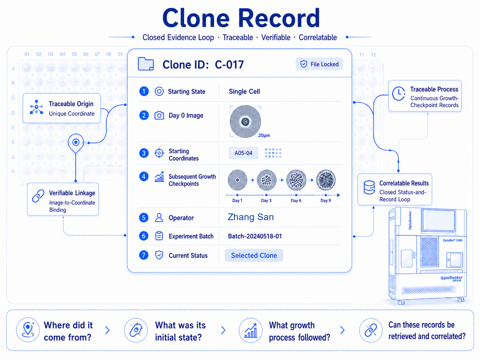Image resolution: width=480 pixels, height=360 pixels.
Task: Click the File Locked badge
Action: pyautogui.click(x=319, y=64)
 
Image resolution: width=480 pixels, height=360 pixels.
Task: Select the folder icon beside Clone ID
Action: pyautogui.click(x=146, y=64)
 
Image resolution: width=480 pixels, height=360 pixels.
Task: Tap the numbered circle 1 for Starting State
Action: pyautogui.click(x=144, y=91)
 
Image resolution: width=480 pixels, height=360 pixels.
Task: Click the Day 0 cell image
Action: pyautogui.click(x=245, y=122)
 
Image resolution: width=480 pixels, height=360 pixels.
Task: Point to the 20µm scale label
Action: pyautogui.click(x=264, y=136)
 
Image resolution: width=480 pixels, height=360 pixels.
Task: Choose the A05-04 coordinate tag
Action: pyautogui.click(x=243, y=153)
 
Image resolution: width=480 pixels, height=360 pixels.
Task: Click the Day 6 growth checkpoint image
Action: pyautogui.click(x=296, y=180)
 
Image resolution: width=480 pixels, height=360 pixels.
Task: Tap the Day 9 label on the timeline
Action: pyautogui.click(x=326, y=200)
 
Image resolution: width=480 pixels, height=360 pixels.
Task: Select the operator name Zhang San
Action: pyautogui.click(x=251, y=217)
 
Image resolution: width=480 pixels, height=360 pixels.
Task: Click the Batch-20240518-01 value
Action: pyautogui.click(x=255, y=236)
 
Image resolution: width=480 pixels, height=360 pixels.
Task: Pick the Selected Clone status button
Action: pyautogui.click(x=254, y=255)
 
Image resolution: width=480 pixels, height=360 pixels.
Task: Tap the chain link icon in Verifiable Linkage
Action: pyautogui.click(x=38, y=196)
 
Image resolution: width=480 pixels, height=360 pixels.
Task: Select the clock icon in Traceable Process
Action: pyautogui.click(x=398, y=94)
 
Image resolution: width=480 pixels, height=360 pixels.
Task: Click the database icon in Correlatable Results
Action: pyautogui.click(x=369, y=187)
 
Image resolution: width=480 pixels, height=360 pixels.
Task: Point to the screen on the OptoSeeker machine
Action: pyautogui.click(x=439, y=220)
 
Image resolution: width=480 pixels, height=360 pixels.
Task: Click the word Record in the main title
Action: pyautogui.click(x=279, y=18)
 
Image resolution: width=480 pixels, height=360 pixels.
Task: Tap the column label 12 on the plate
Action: pyautogui.click(x=373, y=55)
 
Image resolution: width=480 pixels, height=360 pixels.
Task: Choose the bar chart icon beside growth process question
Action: pyautogui.click(x=251, y=330)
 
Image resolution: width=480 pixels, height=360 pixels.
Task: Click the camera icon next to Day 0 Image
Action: pyautogui.click(x=159, y=115)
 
